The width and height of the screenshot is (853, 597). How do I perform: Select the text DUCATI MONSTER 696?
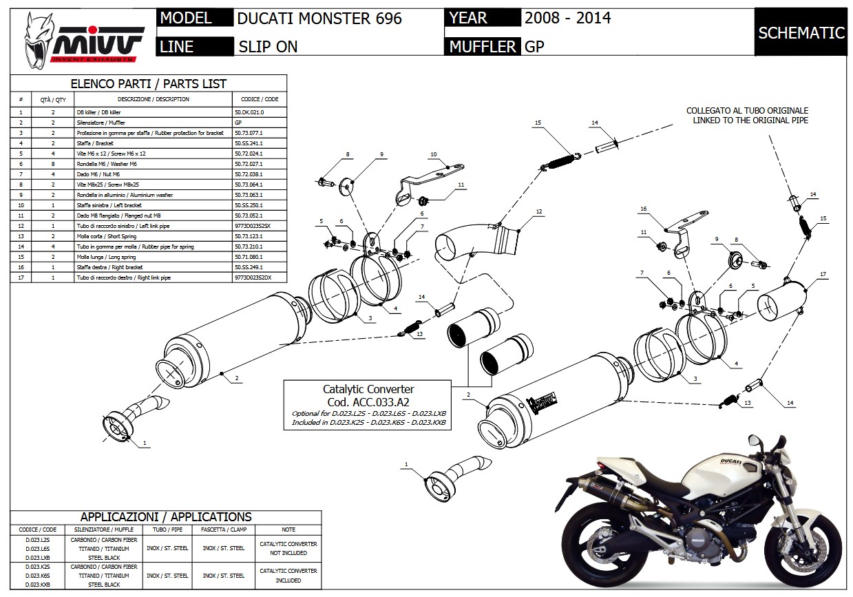[319, 19]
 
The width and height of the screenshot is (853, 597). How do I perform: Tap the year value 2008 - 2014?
[567, 18]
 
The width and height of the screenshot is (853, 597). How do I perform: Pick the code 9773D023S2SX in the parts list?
[253, 225]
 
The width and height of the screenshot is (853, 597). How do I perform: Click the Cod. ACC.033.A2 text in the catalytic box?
[368, 401]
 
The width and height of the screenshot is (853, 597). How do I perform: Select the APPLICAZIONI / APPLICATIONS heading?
[166, 516]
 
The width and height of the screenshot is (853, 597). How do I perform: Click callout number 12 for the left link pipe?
[539, 211]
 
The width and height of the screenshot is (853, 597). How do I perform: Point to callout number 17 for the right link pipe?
[822, 275]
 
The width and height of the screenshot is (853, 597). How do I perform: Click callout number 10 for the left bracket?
[434, 154]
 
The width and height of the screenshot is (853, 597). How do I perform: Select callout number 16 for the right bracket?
[644, 209]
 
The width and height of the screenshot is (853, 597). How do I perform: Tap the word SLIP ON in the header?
[268, 47]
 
